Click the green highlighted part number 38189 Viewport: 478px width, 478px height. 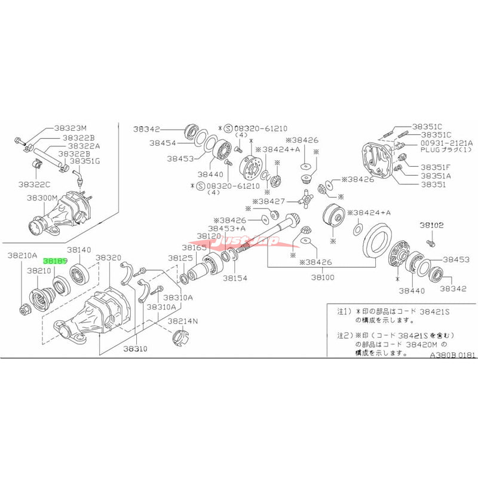54,261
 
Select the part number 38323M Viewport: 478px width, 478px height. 71,128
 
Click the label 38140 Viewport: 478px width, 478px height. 79,250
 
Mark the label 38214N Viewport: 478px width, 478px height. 183,321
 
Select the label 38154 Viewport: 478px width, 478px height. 235,278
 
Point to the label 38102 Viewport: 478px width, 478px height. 431,225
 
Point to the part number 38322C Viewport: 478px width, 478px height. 34,184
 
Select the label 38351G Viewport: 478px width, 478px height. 86,161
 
